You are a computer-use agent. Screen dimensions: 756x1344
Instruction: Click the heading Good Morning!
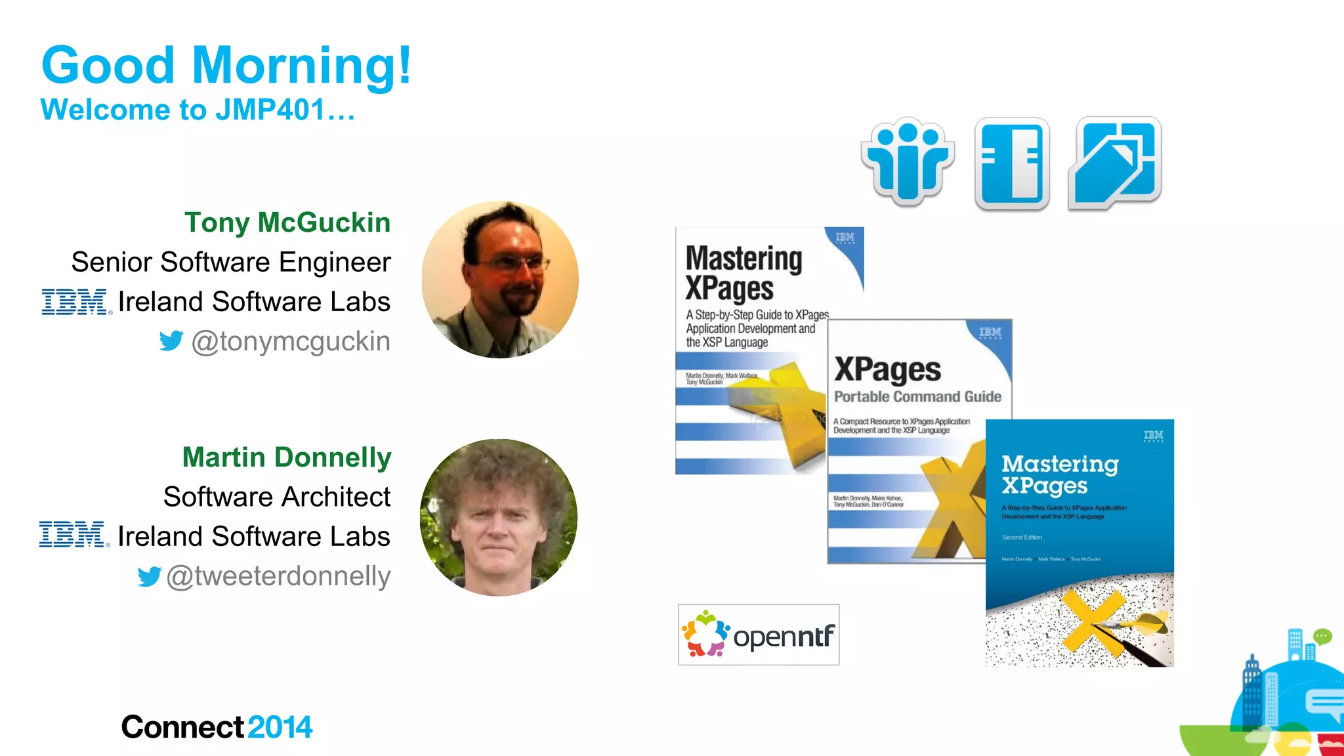click(x=226, y=66)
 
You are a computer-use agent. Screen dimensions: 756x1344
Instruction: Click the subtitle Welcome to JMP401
click(x=197, y=110)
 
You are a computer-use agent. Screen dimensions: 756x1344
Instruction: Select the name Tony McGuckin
click(x=287, y=222)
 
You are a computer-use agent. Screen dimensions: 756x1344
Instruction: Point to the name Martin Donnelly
click(x=287, y=457)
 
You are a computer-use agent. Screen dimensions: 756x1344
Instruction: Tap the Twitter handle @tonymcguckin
click(x=291, y=341)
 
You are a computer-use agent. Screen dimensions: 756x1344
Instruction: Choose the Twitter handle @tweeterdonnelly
click(x=278, y=576)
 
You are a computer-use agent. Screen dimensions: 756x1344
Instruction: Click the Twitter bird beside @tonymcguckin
click(x=171, y=341)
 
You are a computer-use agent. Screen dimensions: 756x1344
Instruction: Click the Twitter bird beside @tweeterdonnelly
click(x=150, y=576)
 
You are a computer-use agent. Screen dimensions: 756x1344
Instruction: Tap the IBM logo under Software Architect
click(x=73, y=535)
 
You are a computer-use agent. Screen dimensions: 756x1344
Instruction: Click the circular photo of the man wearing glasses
click(x=500, y=280)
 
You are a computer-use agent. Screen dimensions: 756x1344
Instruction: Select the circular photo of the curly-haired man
click(x=499, y=517)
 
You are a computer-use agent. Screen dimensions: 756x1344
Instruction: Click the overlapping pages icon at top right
click(x=1115, y=163)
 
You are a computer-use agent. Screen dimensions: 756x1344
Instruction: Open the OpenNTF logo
click(x=759, y=635)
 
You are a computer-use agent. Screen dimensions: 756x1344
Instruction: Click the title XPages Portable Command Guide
click(x=917, y=381)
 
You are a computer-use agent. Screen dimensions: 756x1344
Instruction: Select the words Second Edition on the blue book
click(x=1022, y=537)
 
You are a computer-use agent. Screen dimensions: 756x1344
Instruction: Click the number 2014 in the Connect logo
click(x=280, y=727)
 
